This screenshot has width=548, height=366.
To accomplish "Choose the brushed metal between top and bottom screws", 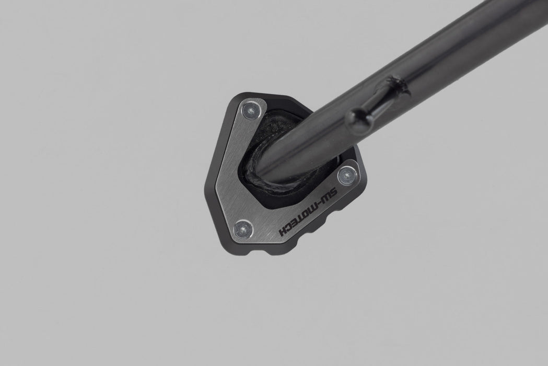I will (x=246, y=167).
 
